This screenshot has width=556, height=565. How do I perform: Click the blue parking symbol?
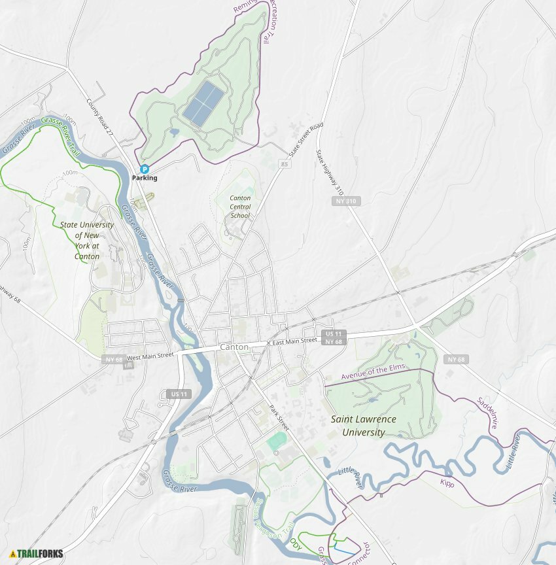[x=145, y=169]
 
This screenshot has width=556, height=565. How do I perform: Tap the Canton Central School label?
[x=240, y=207]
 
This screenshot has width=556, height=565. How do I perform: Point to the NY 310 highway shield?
[x=346, y=201]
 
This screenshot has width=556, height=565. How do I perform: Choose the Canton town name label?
[x=234, y=347]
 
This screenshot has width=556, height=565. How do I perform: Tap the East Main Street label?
[x=295, y=342]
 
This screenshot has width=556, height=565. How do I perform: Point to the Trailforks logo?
[x=36, y=554]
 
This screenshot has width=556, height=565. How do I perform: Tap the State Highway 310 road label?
[x=330, y=173]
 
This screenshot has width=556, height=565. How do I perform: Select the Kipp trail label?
[x=447, y=484]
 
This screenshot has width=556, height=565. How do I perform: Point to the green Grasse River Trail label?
[x=60, y=135]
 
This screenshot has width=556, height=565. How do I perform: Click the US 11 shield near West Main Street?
[x=179, y=394]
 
